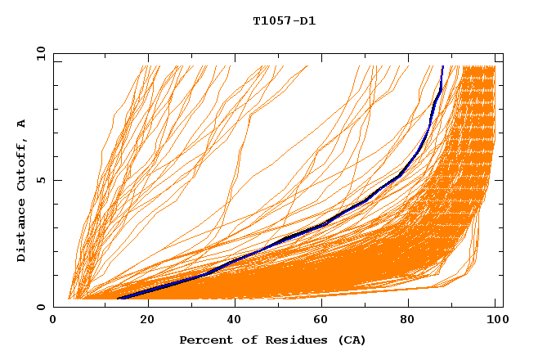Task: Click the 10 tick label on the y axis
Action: click(x=39, y=53)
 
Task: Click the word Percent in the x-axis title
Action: click(x=203, y=340)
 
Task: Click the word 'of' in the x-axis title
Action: click(x=243, y=340)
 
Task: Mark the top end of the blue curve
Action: click(x=442, y=66)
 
